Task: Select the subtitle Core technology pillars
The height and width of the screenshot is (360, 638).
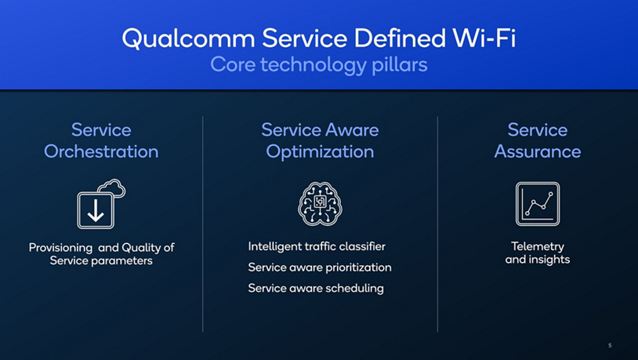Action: [318, 64]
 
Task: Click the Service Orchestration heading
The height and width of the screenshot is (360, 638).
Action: [101, 140]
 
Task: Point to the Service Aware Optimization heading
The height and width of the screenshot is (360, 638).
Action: [320, 140]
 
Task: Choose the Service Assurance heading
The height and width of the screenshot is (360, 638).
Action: [538, 140]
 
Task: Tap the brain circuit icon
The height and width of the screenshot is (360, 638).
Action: [320, 204]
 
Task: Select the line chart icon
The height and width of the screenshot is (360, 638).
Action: [538, 204]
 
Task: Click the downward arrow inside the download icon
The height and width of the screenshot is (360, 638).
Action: [96, 210]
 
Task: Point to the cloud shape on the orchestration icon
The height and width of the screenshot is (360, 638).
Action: [113, 187]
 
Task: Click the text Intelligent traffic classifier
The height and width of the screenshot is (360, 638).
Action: [317, 246]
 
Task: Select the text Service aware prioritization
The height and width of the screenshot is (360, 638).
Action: [320, 267]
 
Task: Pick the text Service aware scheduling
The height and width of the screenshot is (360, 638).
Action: [316, 288]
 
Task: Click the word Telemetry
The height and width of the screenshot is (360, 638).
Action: [538, 246]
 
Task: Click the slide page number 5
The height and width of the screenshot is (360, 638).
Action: [610, 345]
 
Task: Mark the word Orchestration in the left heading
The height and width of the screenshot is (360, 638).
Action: [101, 151]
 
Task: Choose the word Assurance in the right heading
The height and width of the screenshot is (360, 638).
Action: [538, 151]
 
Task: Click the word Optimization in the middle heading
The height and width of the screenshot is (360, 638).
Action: [320, 151]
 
